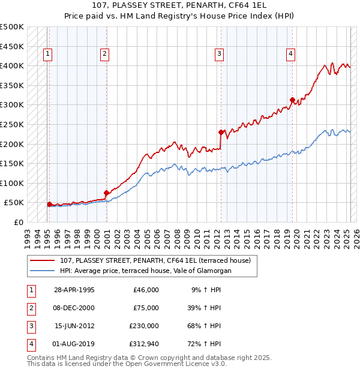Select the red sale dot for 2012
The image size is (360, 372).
pyautogui.click(x=221, y=132)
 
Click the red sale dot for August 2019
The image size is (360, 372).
pyautogui.click(x=292, y=100)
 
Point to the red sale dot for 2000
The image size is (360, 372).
pyautogui.click(x=106, y=193)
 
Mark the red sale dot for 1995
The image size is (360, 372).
pyautogui.click(x=49, y=204)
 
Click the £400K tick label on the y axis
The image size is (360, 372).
pyautogui.click(x=12, y=65)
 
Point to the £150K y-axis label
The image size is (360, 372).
pyautogui.click(x=12, y=163)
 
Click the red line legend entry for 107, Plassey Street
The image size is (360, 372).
pyautogui.click(x=158, y=260)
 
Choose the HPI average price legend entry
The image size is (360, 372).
pyautogui.click(x=145, y=271)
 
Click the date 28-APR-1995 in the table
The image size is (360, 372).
pyautogui.click(x=74, y=290)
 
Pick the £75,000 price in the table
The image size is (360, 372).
pyautogui.click(x=146, y=308)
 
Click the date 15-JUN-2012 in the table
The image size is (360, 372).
pyautogui.click(x=74, y=326)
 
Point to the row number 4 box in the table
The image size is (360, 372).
pyautogui.click(x=30, y=344)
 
